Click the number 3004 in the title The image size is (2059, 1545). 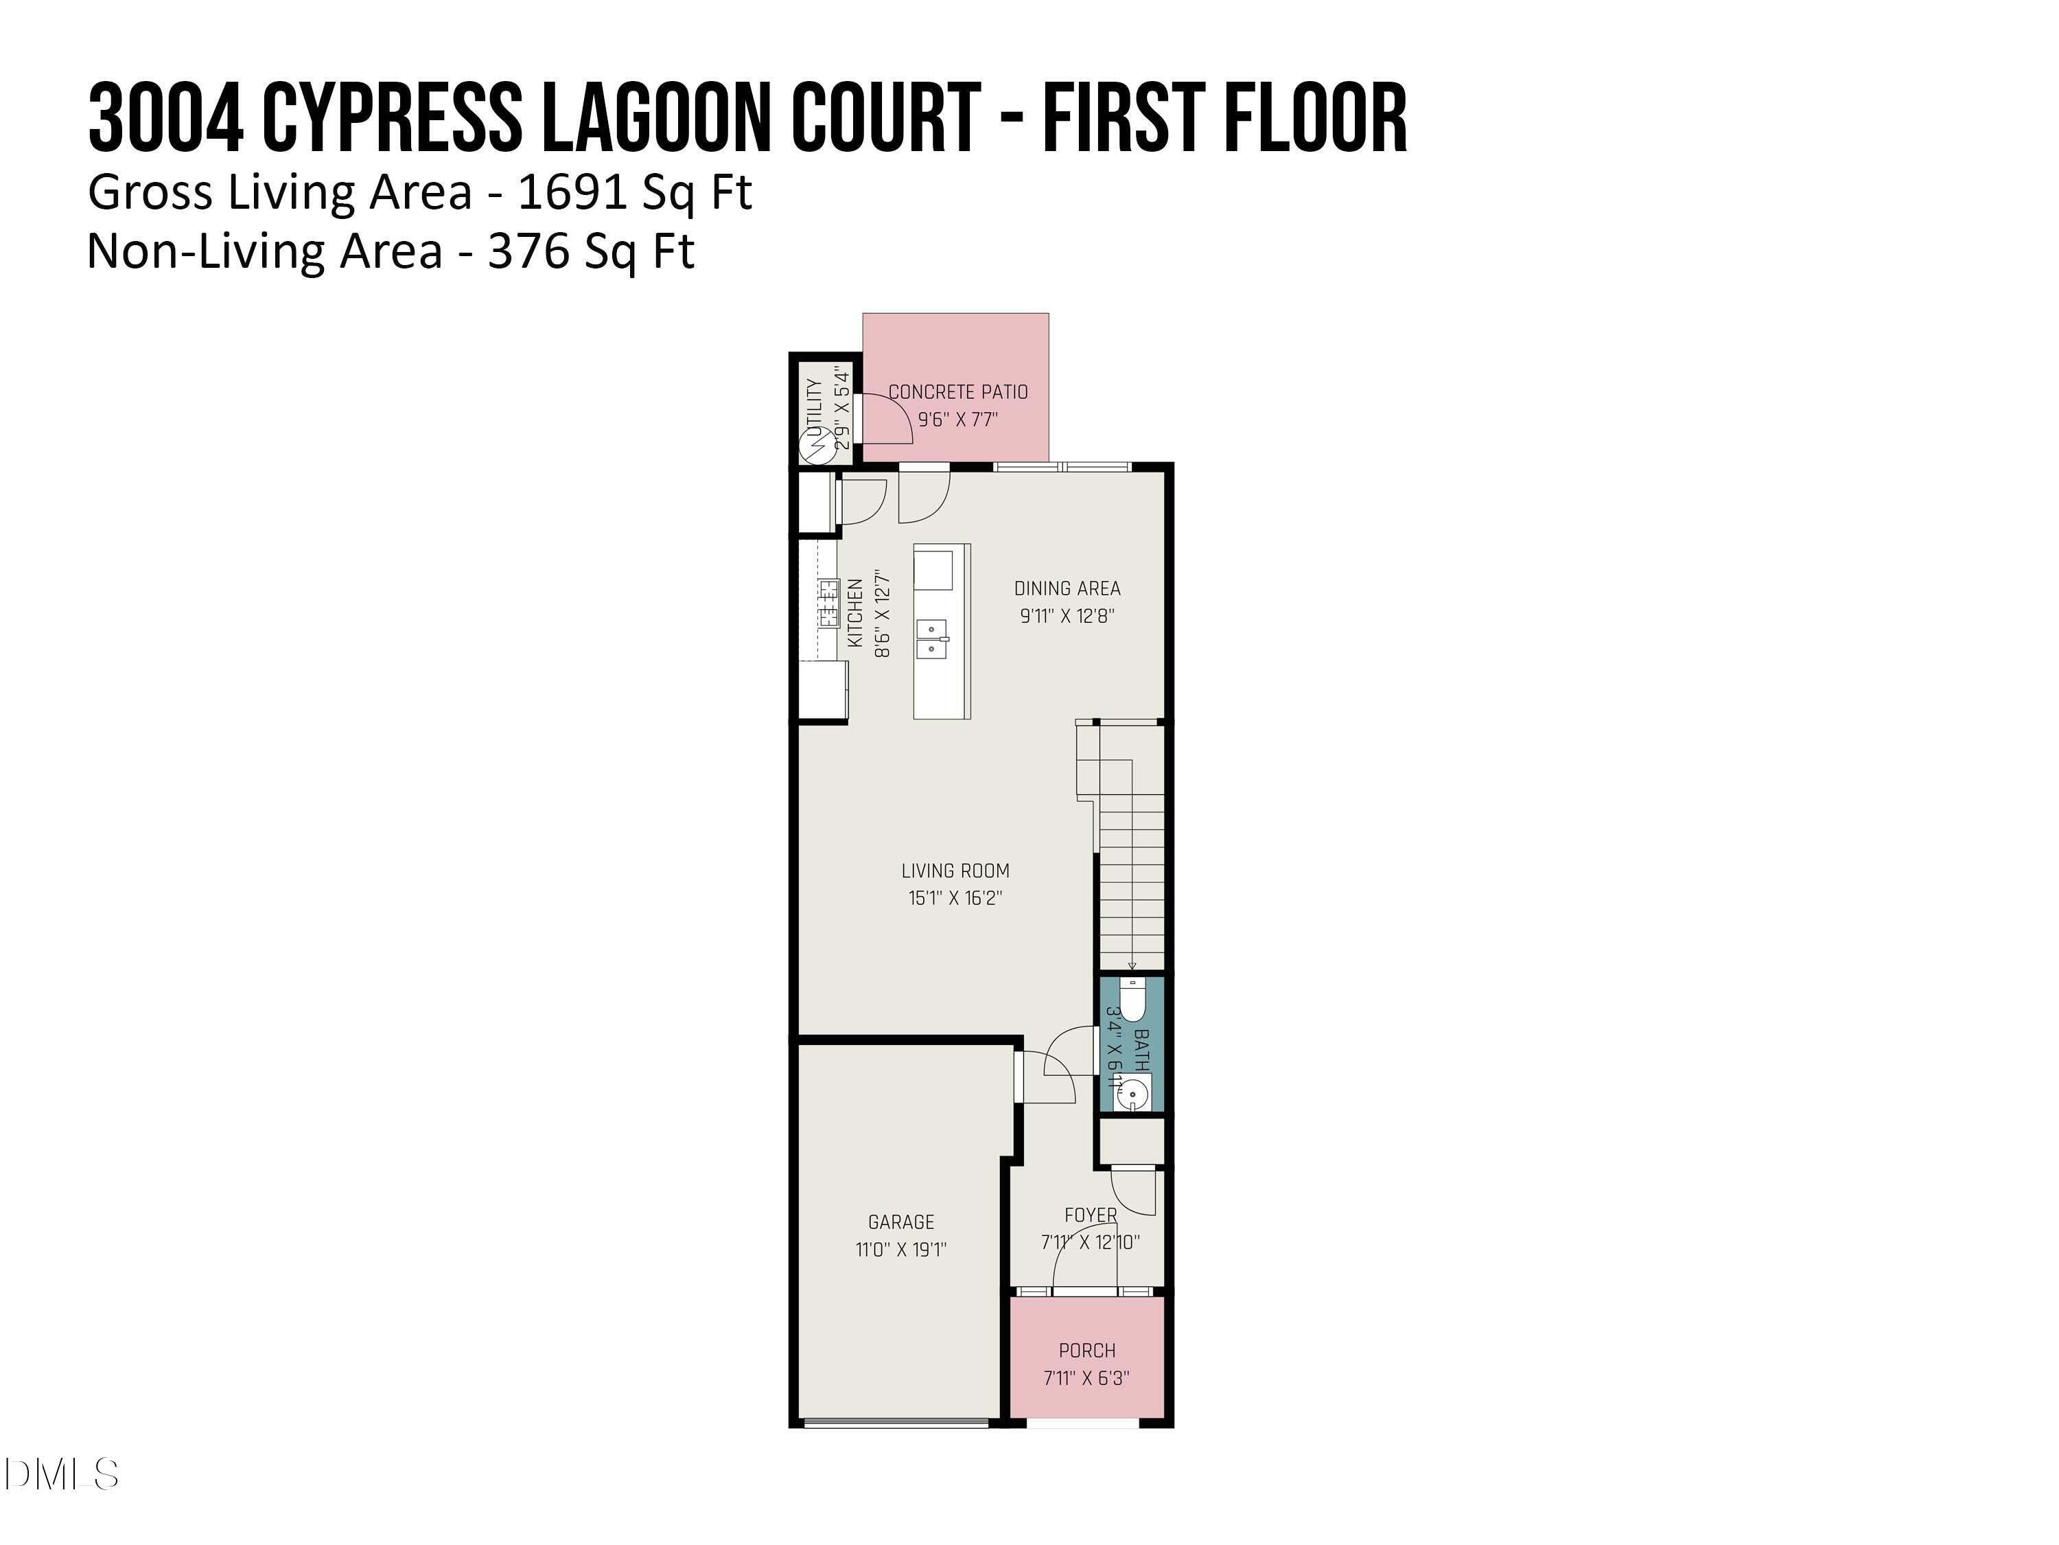(165, 118)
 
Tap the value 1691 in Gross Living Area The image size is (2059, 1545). (570, 193)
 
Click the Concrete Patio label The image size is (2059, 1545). (958, 392)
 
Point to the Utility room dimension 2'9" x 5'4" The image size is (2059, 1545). (841, 407)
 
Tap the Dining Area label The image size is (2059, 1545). (1067, 588)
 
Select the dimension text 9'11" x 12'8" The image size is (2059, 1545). (1067, 615)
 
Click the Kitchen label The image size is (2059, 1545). (855, 613)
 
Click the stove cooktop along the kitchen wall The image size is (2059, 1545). (828, 604)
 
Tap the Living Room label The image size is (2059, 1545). (955, 871)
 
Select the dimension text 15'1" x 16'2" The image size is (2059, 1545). (955, 897)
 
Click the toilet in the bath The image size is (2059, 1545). (1132, 999)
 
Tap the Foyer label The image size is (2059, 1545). (1090, 1215)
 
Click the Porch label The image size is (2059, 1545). (1086, 1351)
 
